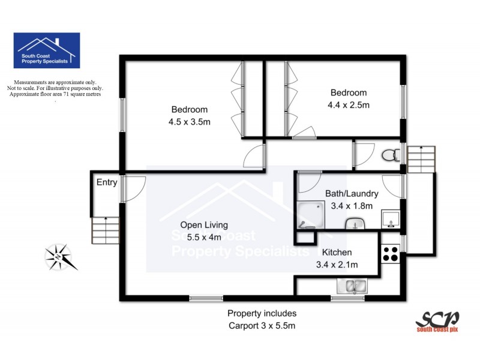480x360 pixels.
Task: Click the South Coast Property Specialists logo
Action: [x=46, y=50]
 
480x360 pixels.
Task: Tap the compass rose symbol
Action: [x=61, y=257]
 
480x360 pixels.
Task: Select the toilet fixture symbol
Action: [x=389, y=155]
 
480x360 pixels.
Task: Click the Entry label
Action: [x=107, y=183]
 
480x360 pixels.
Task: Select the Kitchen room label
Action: [x=337, y=253]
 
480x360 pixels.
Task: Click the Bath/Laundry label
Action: [x=352, y=194]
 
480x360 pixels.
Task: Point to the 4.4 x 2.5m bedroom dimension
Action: [x=349, y=105]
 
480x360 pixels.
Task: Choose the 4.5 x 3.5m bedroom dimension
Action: [x=190, y=122]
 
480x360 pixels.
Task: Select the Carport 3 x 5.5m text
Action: [x=262, y=326]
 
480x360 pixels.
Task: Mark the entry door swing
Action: [x=133, y=188]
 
